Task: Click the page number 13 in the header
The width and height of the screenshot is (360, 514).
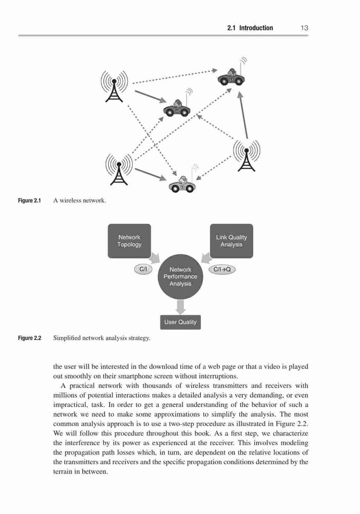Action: click(x=305, y=28)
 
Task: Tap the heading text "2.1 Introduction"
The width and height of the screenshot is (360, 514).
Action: click(x=250, y=28)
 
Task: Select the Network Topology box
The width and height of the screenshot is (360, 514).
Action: click(x=129, y=241)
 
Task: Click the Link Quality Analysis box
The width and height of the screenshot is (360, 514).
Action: click(x=231, y=241)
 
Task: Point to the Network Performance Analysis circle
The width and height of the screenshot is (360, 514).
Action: click(x=180, y=277)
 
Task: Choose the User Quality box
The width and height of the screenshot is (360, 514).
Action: click(x=180, y=322)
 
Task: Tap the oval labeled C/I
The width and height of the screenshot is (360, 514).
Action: click(x=143, y=269)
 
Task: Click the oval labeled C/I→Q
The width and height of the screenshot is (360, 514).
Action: click(x=222, y=269)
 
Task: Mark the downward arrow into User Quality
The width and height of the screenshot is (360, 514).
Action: click(x=180, y=307)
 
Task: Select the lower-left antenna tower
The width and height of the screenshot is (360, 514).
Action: click(x=119, y=169)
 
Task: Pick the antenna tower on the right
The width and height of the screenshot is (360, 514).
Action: click(x=247, y=155)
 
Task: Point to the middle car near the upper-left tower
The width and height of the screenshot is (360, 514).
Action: click(x=177, y=103)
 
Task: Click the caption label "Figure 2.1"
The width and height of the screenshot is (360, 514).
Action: click(x=29, y=200)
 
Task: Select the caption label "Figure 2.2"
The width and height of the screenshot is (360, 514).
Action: click(x=29, y=338)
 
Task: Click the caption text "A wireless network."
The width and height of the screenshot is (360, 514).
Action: click(x=80, y=200)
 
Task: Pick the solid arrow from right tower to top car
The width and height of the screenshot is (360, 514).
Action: click(x=243, y=115)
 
